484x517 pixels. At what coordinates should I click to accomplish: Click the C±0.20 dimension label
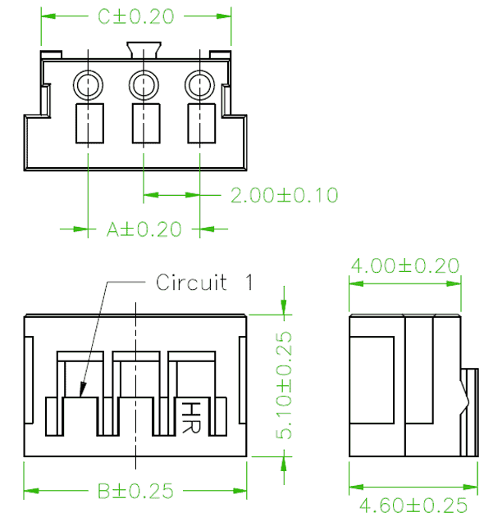(x=135, y=16)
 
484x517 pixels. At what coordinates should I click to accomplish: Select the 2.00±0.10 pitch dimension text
(x=285, y=195)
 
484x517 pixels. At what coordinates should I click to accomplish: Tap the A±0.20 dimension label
(x=144, y=229)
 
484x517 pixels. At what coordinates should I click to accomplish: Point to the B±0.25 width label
(x=135, y=491)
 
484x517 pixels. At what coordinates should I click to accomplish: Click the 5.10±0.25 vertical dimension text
(x=284, y=385)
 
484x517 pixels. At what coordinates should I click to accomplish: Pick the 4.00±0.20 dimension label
(x=404, y=265)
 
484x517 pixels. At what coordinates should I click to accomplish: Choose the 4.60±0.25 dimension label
(x=413, y=505)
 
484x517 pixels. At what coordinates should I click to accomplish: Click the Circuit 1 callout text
(x=204, y=282)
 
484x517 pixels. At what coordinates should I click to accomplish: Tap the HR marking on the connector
(x=191, y=417)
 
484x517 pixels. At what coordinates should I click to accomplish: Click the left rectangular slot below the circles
(x=89, y=124)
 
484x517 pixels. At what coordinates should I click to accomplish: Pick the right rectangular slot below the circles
(x=202, y=124)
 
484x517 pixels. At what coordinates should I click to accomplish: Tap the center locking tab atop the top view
(x=144, y=50)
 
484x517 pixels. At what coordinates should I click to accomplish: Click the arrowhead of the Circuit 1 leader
(x=82, y=389)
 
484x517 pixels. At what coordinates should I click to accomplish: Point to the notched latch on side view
(x=469, y=412)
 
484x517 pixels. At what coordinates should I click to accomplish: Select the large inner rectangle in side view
(x=372, y=380)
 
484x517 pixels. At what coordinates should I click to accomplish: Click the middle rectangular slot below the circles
(x=146, y=124)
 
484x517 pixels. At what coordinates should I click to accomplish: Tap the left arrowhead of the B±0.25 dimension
(x=31, y=491)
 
